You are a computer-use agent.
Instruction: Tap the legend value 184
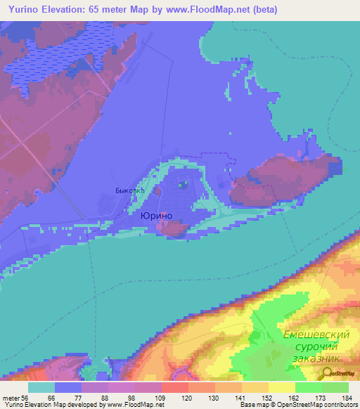pos(348,397)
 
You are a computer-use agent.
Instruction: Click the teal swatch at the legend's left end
pos(41,387)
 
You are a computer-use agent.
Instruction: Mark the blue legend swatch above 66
pos(67,387)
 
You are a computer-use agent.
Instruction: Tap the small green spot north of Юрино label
pos(182,186)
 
